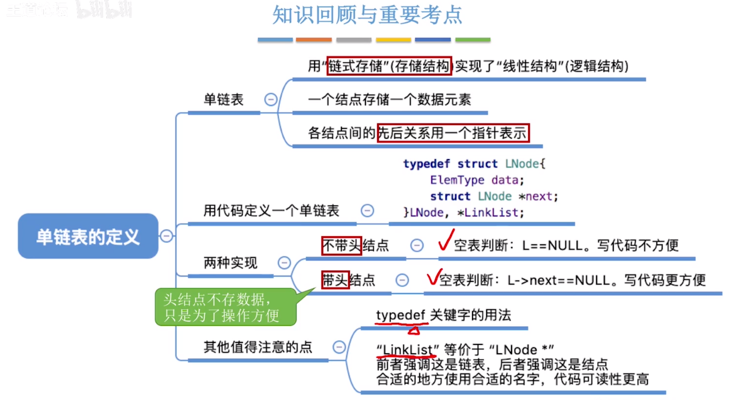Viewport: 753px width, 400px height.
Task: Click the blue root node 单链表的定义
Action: (88, 236)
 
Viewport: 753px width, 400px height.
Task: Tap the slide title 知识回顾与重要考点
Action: (367, 15)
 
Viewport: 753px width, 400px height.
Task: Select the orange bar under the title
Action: (314, 40)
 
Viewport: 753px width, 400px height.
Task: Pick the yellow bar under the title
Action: (393, 40)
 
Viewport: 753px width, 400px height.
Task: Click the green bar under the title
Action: (472, 40)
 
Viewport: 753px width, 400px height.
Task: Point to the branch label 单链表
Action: (224, 100)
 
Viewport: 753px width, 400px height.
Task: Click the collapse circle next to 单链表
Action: (271, 99)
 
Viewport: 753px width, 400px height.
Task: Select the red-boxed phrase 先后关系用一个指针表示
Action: (453, 133)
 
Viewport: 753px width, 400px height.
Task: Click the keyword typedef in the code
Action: (426, 164)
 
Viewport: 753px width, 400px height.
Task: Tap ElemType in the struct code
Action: (457, 180)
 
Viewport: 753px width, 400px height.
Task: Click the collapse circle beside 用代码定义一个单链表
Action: (367, 211)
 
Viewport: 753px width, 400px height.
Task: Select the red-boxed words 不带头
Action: (341, 246)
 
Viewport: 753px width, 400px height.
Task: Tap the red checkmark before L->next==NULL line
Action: (434, 277)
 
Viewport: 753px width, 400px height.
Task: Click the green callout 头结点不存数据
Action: (225, 307)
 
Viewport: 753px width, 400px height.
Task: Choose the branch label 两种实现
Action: (231, 263)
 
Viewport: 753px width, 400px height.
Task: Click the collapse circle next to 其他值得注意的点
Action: (339, 347)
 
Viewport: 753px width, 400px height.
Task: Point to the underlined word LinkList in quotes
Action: (407, 350)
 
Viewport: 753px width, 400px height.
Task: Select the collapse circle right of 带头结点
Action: (402, 280)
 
